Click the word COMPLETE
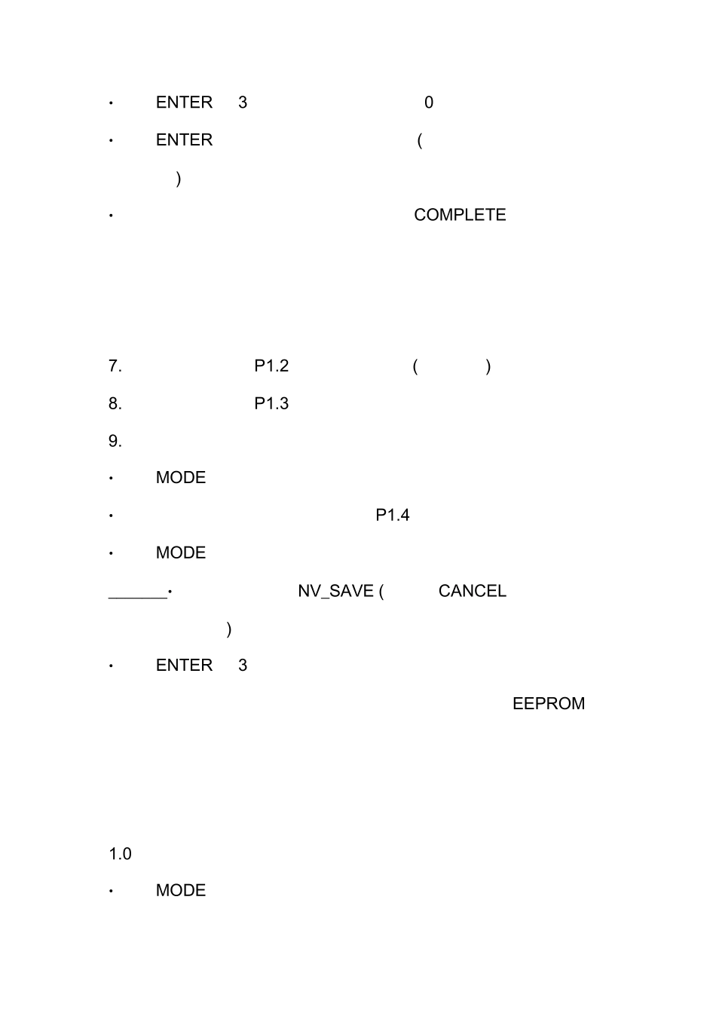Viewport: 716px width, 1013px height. click(x=460, y=215)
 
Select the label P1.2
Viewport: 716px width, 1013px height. click(x=271, y=366)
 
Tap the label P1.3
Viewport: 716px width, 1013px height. click(x=271, y=403)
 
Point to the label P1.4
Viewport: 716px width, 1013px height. click(x=393, y=515)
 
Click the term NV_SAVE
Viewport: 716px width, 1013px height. click(x=335, y=591)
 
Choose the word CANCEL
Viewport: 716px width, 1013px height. click(x=473, y=591)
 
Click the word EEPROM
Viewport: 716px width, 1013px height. click(x=549, y=704)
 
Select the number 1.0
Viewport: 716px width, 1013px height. click(x=120, y=854)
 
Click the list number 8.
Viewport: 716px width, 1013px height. click(x=115, y=403)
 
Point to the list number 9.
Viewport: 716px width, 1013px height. click(x=115, y=441)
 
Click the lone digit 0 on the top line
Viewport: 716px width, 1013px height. click(x=429, y=103)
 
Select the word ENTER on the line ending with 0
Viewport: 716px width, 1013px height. click(x=184, y=103)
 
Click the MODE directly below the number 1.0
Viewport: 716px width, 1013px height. click(x=181, y=890)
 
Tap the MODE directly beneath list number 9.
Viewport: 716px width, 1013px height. click(x=181, y=478)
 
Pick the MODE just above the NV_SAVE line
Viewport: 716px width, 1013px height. click(x=181, y=552)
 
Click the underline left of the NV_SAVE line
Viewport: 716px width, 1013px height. click(x=138, y=598)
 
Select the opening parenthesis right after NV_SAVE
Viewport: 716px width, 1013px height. click(x=381, y=592)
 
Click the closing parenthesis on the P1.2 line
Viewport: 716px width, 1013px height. click(x=488, y=366)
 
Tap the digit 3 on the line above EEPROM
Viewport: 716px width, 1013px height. click(x=243, y=666)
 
